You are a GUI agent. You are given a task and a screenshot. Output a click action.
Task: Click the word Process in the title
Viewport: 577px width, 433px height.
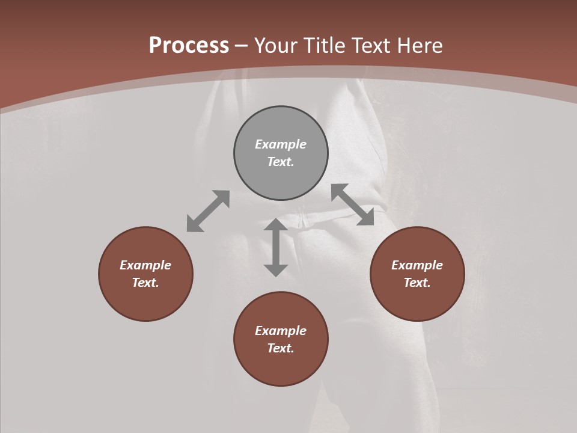[x=189, y=46]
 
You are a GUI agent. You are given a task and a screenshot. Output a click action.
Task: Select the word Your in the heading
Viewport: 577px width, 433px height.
[x=276, y=46]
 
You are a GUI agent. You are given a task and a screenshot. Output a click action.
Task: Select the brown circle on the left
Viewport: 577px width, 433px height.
[x=145, y=301]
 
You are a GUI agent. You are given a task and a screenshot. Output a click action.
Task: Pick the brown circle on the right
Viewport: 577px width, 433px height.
[x=417, y=301]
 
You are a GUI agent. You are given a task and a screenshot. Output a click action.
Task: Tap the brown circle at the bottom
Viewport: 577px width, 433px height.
[x=281, y=367]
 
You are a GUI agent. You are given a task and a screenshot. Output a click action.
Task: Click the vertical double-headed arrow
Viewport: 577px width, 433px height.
[x=276, y=247]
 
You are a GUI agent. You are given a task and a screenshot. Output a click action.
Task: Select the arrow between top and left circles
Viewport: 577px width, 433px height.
[x=208, y=211]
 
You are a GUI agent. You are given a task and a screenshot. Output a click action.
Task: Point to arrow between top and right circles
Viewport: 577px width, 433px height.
[x=352, y=204]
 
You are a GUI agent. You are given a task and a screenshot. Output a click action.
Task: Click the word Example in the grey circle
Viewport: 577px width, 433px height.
[x=281, y=144]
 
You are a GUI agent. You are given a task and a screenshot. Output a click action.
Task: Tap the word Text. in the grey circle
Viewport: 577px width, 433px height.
[x=281, y=162]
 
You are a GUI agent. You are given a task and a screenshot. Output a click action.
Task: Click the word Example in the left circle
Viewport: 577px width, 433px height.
[x=145, y=265]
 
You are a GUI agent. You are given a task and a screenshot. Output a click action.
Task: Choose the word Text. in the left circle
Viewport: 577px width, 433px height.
[x=145, y=283]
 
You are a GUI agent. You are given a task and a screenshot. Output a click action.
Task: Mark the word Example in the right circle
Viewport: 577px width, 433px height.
[x=417, y=265]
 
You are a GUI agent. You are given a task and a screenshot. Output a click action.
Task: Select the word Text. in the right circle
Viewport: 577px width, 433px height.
[x=417, y=283]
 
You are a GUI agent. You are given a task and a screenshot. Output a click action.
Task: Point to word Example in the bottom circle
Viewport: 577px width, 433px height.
[x=281, y=331]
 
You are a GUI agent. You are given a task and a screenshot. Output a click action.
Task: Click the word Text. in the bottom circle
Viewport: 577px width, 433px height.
[x=281, y=348]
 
